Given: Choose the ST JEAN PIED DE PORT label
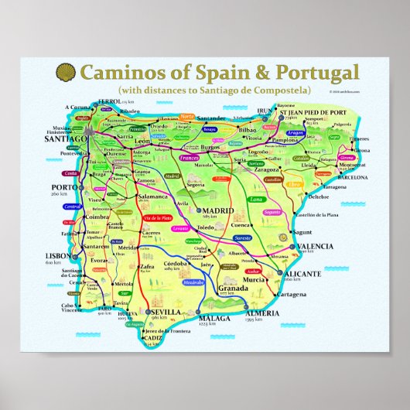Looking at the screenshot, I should click(312, 111).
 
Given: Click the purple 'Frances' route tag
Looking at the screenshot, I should click(189, 157).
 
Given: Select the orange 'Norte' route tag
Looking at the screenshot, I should click(188, 116).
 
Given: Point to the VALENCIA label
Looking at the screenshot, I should click(315, 246).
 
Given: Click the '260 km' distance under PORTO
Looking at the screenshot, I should click(60, 193).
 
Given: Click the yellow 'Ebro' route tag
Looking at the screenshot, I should click(294, 185).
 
